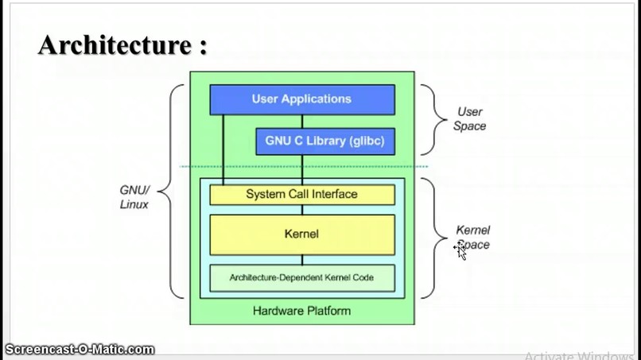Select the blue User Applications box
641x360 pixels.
(x=301, y=99)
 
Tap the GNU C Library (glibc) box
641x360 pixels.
(x=324, y=141)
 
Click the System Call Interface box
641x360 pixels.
(x=301, y=195)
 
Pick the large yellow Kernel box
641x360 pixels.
(x=301, y=234)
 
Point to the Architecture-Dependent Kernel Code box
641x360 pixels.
(x=301, y=277)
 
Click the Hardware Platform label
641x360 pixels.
(x=301, y=311)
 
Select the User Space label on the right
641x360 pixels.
(x=469, y=119)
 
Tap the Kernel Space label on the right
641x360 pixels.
(x=473, y=237)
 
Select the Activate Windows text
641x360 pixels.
(x=581, y=355)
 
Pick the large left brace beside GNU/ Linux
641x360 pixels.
(x=173, y=191)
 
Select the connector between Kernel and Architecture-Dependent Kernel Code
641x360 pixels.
(x=301, y=260)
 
